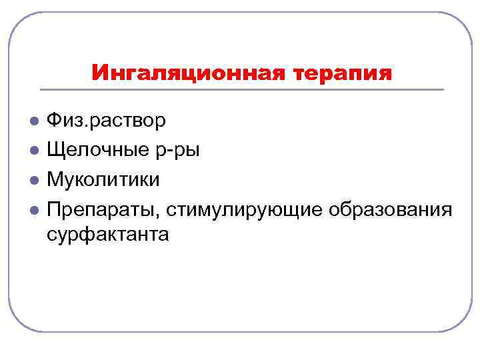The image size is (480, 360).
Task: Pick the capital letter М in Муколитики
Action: pyautogui.click(x=55, y=180)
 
